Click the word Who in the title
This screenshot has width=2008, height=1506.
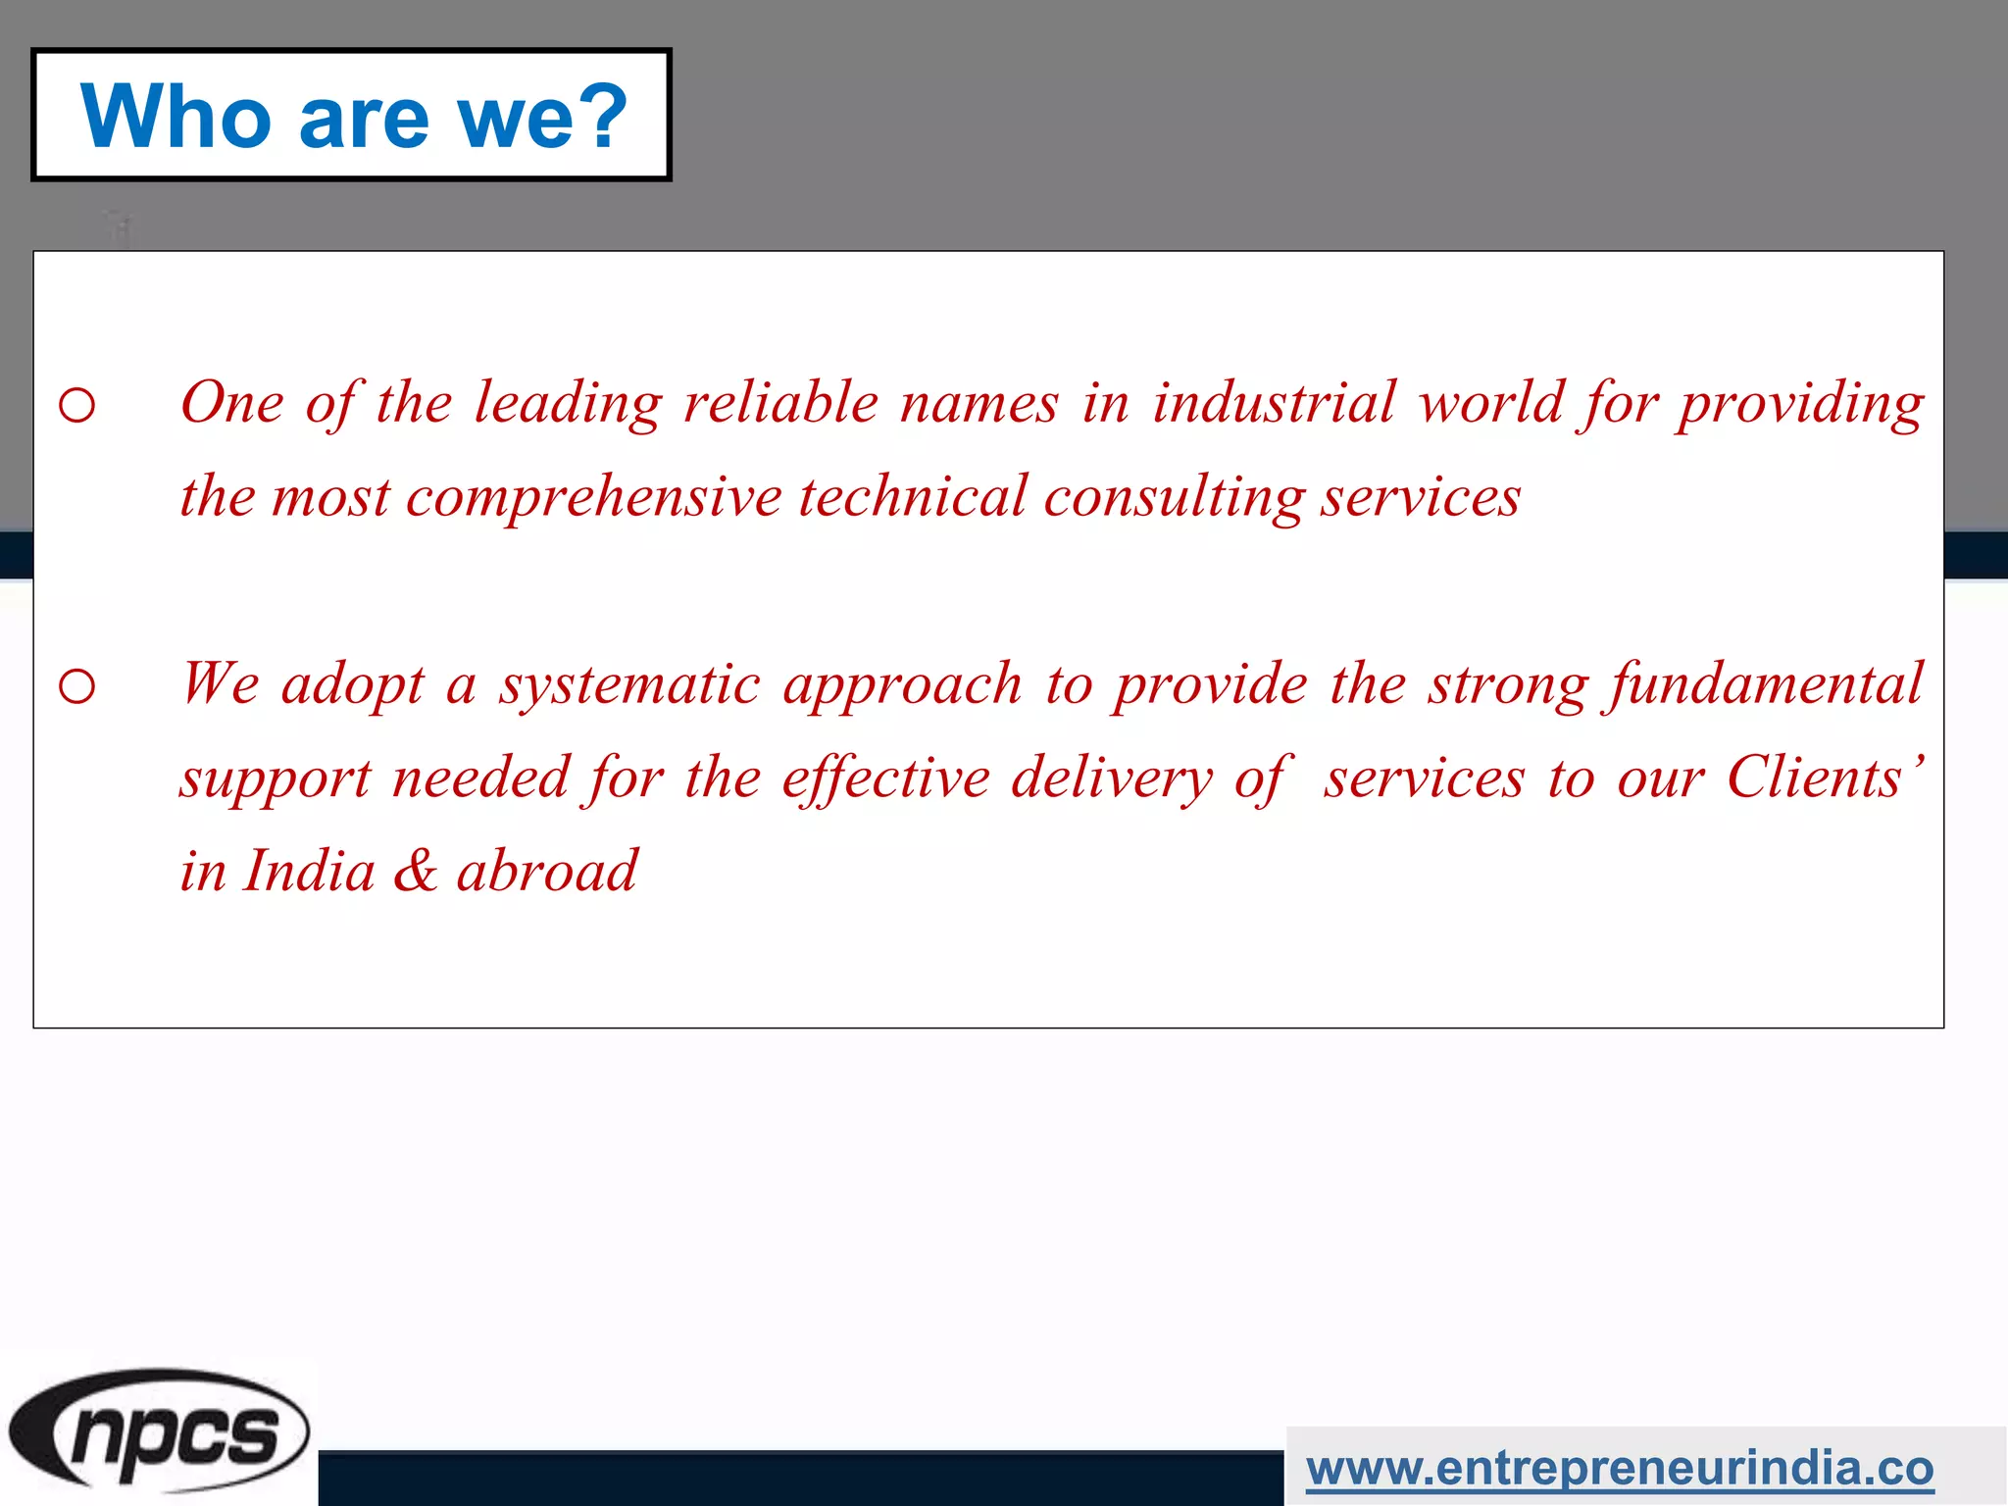point(176,117)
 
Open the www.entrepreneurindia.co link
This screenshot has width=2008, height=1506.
point(1620,1468)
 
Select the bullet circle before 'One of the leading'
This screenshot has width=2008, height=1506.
point(77,405)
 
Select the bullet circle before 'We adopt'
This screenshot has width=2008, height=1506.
point(77,686)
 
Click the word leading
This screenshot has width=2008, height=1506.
point(569,403)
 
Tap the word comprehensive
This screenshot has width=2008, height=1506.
point(594,497)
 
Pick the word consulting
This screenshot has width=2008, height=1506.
point(1174,497)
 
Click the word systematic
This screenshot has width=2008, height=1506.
point(629,684)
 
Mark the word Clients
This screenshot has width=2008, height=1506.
point(1815,778)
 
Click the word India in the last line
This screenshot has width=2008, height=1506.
point(309,871)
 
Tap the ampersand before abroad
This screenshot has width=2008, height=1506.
point(416,871)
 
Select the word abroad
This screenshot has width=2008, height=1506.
point(547,871)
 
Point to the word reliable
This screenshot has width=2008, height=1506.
point(781,403)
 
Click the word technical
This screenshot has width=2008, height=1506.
point(913,497)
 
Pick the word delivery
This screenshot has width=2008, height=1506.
point(1112,778)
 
